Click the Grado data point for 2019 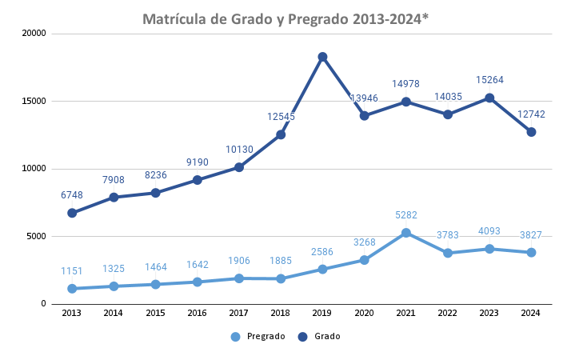tap(322, 57)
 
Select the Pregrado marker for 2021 tap(406, 233)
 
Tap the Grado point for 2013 tap(72, 213)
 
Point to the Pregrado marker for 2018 tap(281, 278)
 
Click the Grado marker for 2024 tap(531, 132)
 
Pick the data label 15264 tap(489, 80)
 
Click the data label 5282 tap(406, 214)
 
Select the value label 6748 tap(72, 194)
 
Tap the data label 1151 tap(72, 271)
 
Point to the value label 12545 tap(281, 117)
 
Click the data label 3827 tap(531, 234)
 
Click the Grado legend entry tap(319, 337)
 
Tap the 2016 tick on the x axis tap(197, 313)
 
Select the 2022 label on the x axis tap(448, 313)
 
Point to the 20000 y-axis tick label tap(34, 34)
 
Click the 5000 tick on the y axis tap(37, 236)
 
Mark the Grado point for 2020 tap(365, 115)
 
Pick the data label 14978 tap(406, 84)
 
